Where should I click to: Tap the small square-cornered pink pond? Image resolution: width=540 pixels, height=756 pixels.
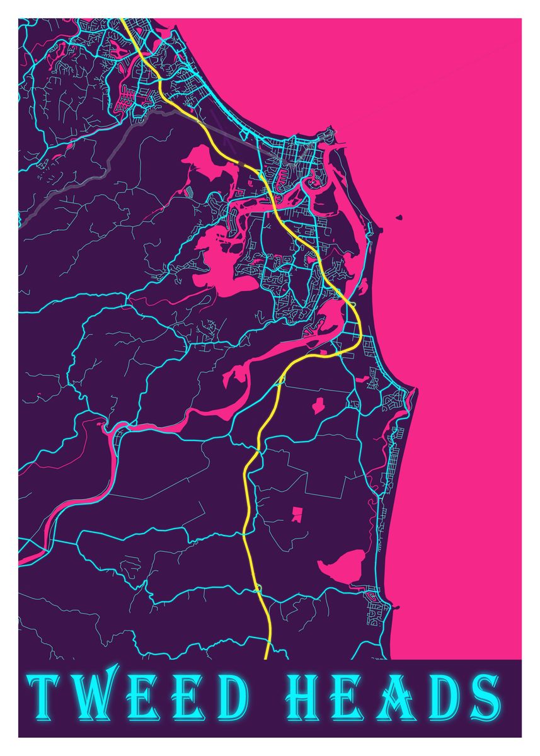[296, 515]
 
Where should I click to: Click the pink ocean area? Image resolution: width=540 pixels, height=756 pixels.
[454, 315]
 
